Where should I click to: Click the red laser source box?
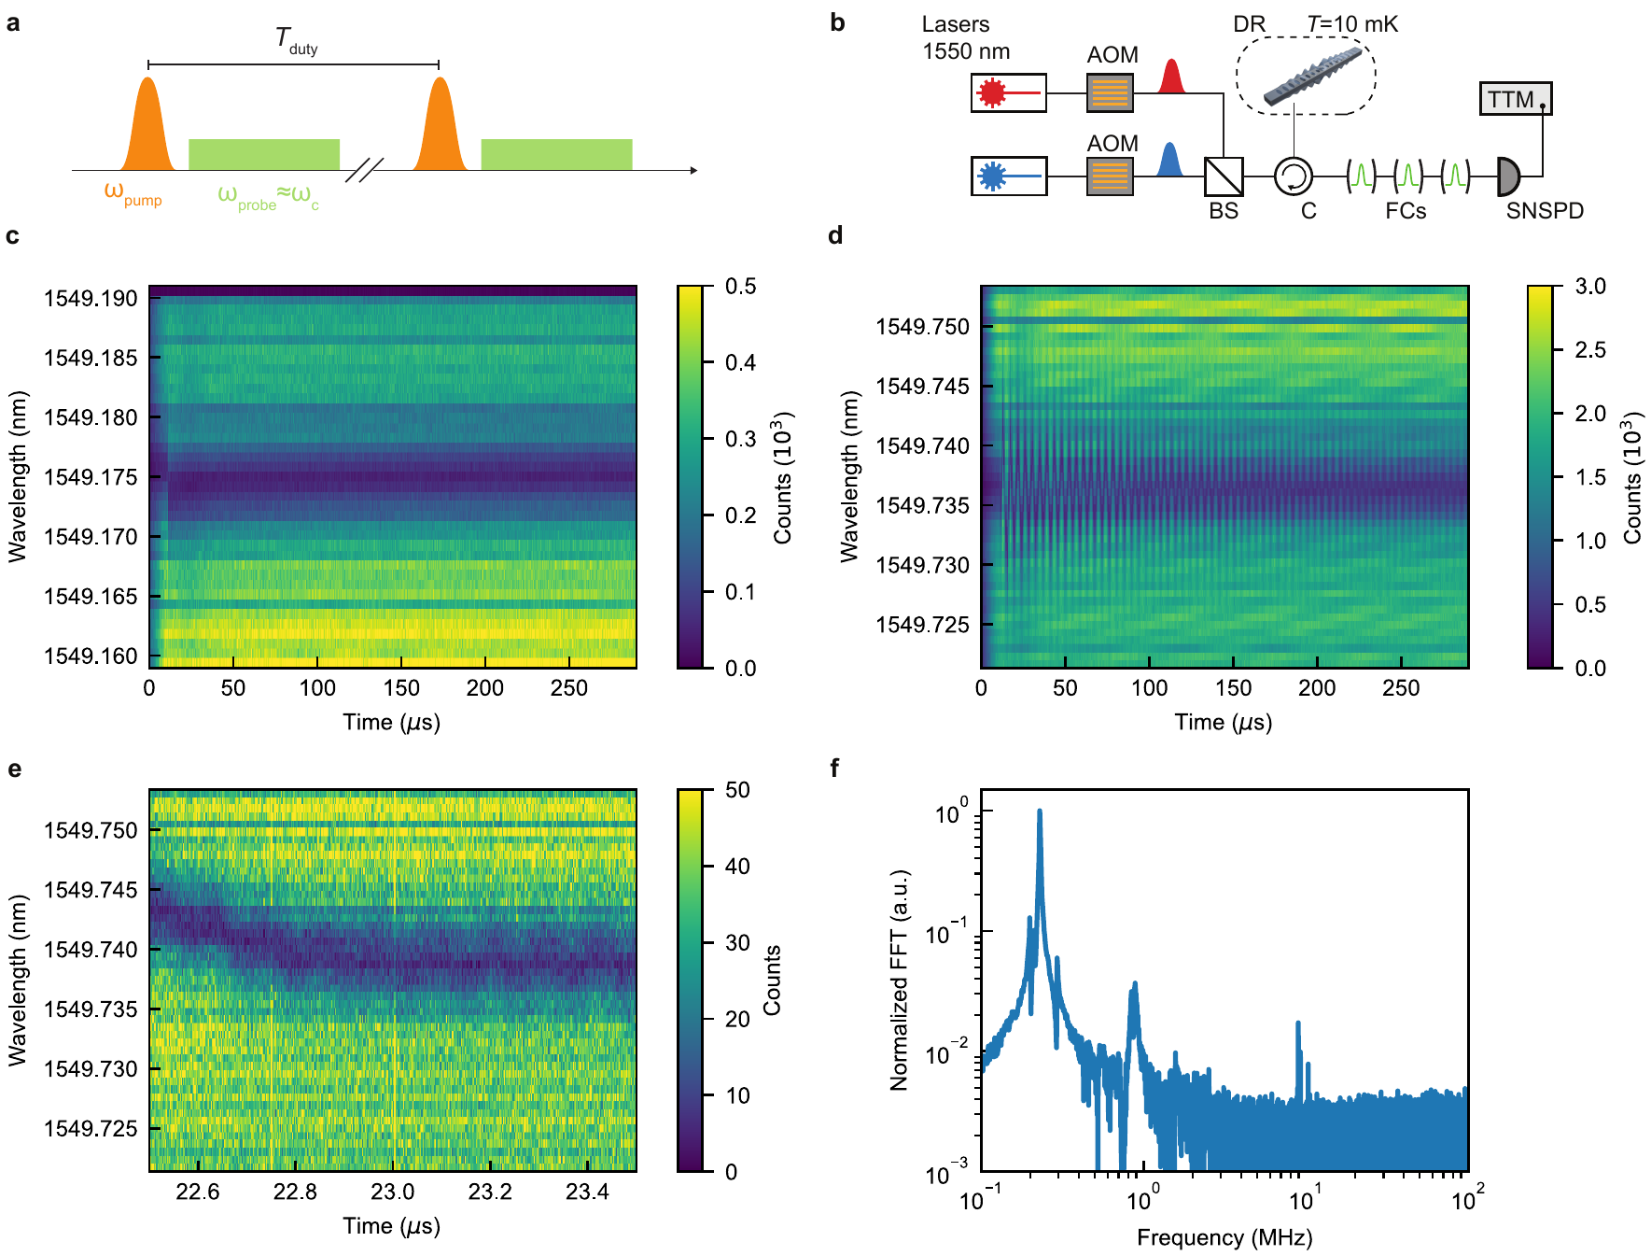coord(1008,92)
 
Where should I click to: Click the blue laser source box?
coord(1008,176)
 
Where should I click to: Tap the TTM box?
coord(1515,99)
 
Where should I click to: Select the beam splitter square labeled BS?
coord(1223,176)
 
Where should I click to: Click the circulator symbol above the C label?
coord(1294,176)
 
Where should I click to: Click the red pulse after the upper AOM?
coord(1171,78)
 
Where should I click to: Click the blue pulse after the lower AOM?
coord(1168,161)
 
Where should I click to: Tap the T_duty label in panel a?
coord(295,40)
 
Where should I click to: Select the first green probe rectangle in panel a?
coord(264,154)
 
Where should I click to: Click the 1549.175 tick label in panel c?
coord(91,477)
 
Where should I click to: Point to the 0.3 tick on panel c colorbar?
coord(741,439)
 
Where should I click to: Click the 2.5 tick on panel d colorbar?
coord(1590,350)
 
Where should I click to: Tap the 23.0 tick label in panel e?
coord(392,1192)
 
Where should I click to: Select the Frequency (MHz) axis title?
coord(1224,1237)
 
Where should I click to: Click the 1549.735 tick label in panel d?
coord(922,505)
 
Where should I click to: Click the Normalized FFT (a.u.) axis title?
coord(899,981)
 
